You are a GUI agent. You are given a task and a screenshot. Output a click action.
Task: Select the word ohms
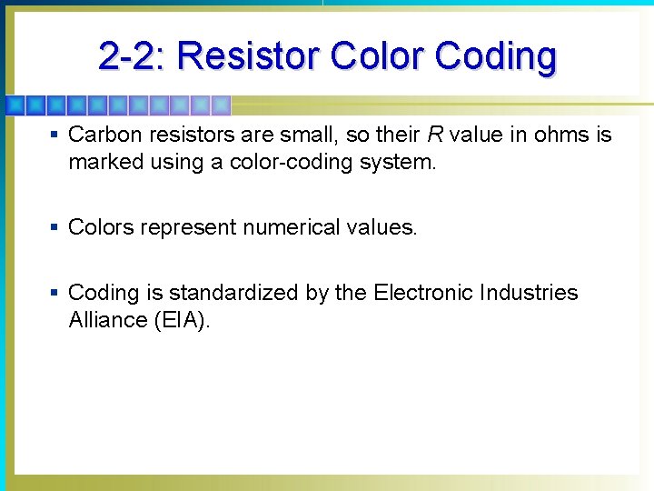tap(560, 135)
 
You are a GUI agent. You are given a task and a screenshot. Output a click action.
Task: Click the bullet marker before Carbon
tap(55, 135)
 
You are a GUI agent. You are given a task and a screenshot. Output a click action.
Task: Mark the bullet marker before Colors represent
tap(55, 227)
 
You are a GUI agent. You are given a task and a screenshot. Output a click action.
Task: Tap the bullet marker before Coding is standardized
tap(55, 293)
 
